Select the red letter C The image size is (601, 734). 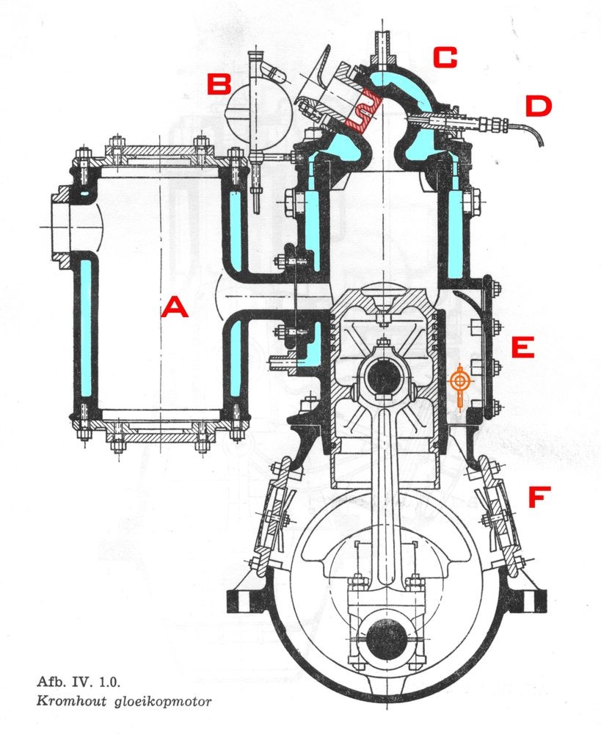[x=445, y=57]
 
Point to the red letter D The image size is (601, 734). [x=538, y=107]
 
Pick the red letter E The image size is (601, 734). [x=522, y=347]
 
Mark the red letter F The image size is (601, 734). [x=537, y=498]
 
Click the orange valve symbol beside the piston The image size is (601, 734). [x=459, y=383]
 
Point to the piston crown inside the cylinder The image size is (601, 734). [x=383, y=298]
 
